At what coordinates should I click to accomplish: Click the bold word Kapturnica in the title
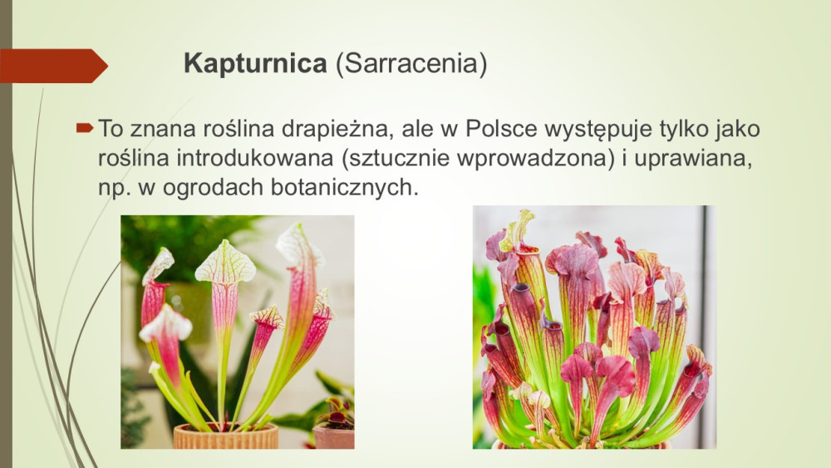point(255,64)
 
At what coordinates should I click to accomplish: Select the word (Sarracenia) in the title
point(411,64)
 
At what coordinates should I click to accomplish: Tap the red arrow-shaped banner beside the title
point(53,66)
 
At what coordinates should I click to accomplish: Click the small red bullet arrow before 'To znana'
point(85,128)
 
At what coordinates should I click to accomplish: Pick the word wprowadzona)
point(534,159)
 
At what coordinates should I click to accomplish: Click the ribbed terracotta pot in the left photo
point(226,436)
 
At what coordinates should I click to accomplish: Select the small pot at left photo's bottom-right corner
point(334,436)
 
